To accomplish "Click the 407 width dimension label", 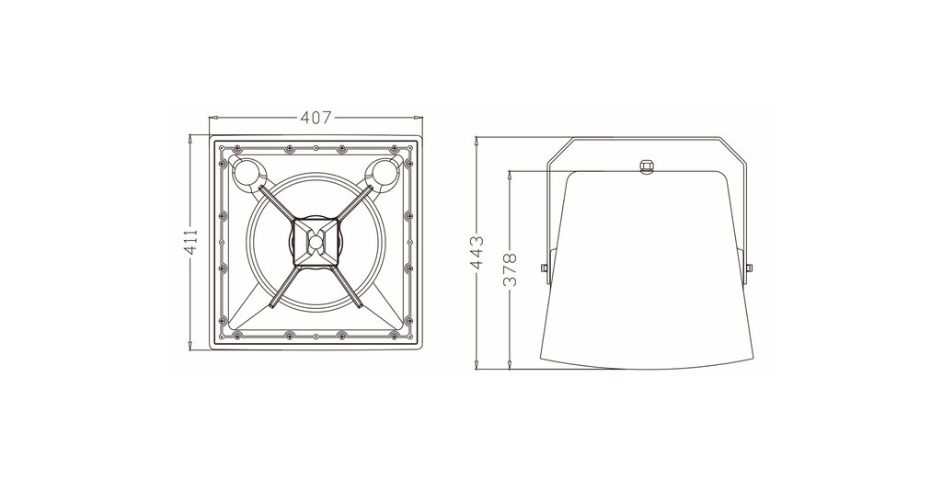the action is point(316,118).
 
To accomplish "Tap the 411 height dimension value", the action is point(190,242).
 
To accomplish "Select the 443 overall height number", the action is point(477,252).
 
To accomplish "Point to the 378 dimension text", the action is point(510,269).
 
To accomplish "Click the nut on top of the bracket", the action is point(647,166).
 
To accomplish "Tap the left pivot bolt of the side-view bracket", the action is point(545,268).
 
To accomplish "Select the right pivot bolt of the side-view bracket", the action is point(749,268).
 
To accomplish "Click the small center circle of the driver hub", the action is point(316,242).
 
